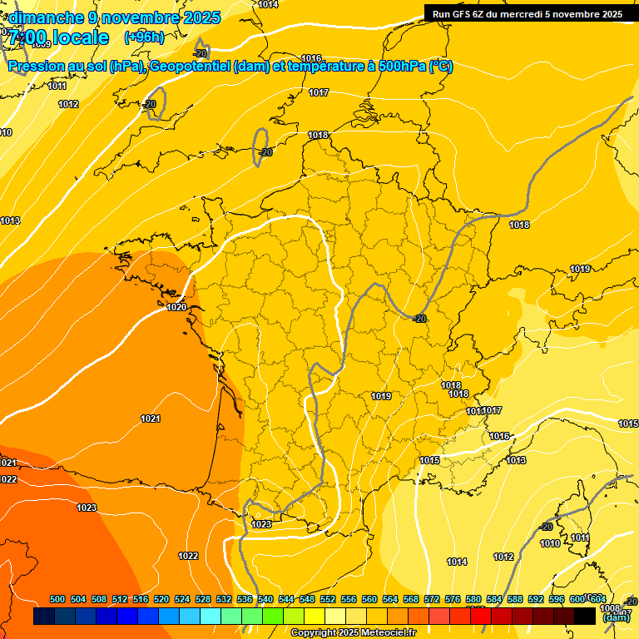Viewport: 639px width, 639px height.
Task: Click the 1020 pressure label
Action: (176, 307)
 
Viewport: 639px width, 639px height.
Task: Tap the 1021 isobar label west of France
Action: (151, 419)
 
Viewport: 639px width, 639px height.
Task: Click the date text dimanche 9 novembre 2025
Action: (115, 17)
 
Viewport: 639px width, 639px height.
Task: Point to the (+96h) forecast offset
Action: (144, 37)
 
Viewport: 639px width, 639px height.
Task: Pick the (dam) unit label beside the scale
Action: (617, 617)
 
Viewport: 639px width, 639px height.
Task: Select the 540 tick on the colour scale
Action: (265, 599)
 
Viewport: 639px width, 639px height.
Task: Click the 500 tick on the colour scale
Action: (57, 599)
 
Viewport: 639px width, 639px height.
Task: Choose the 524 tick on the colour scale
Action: (182, 599)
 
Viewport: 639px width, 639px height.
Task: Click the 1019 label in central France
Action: (381, 396)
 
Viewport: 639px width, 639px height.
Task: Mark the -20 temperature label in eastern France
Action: (419, 319)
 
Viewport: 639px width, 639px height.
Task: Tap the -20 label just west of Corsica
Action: (546, 527)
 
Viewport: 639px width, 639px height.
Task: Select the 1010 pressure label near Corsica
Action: (550, 543)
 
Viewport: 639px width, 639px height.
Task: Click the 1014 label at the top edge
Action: (268, 5)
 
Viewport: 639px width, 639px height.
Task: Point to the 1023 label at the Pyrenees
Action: (261, 524)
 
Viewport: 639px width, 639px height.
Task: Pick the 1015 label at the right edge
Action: (628, 424)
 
